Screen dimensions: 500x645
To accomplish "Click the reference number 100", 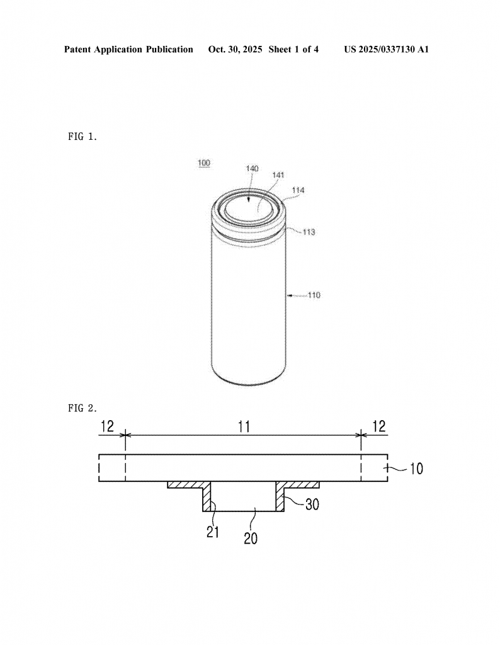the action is [204, 163].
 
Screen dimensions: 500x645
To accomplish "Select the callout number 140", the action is [252, 168].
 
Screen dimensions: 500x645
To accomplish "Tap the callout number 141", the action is [278, 175].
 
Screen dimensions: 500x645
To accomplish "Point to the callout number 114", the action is [298, 190].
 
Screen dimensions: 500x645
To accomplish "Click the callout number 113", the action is [309, 232].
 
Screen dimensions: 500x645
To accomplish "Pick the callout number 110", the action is [314, 295].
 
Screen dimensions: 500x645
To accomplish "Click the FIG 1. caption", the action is [82, 137].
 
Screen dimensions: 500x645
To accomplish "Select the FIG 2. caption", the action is [82, 408].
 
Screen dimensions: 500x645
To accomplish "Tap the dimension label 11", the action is [244, 426].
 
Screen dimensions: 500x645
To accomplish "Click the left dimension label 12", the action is [107, 426].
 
